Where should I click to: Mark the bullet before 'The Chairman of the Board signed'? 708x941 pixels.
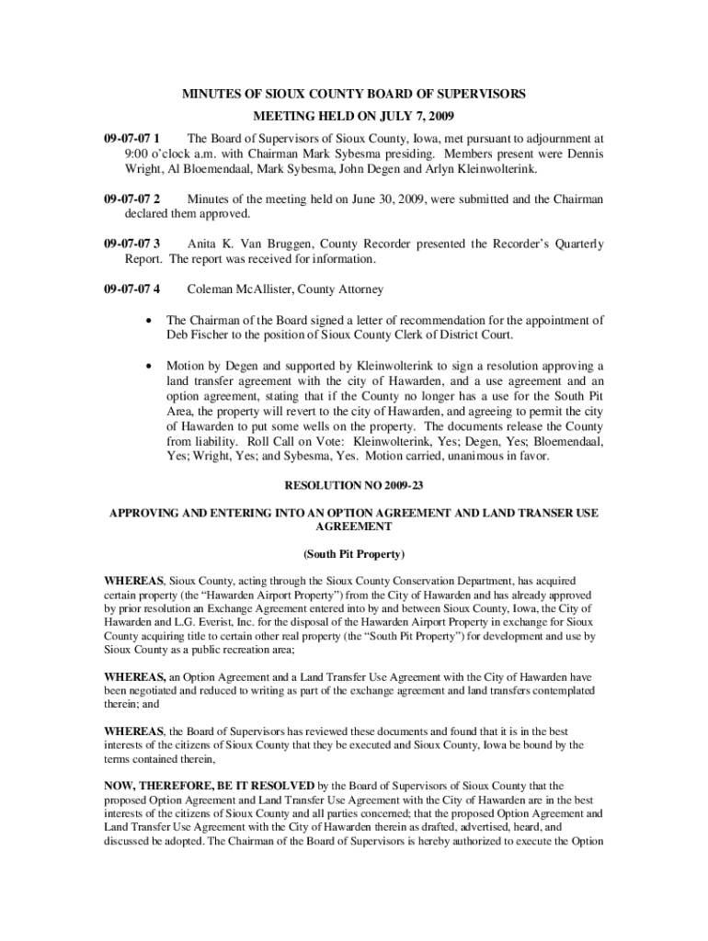tap(148, 321)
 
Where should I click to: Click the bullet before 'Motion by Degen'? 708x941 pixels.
tap(148, 366)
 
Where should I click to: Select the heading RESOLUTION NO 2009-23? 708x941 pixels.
tap(354, 483)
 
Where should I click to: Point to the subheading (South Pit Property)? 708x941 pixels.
tap(354, 555)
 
